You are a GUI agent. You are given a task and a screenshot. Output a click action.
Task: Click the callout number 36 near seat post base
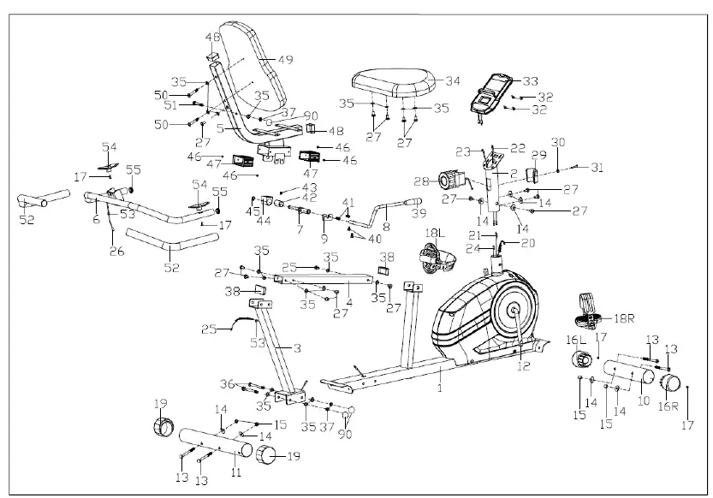226,383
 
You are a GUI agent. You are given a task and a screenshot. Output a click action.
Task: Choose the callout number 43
308,187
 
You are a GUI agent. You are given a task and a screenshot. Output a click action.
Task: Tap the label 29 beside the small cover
539,155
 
